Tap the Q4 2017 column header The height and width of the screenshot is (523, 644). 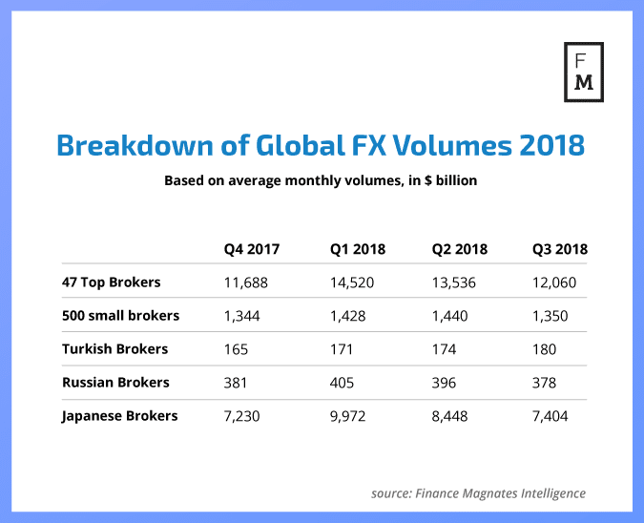tap(252, 250)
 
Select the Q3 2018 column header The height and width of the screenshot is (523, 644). tap(559, 250)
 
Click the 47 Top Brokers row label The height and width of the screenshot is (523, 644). tap(110, 282)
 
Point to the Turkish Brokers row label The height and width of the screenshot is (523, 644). tap(114, 349)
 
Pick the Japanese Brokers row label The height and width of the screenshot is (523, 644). tap(118, 416)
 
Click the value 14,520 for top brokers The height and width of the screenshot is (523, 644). tap(353, 282)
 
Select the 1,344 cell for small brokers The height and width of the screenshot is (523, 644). tap(243, 316)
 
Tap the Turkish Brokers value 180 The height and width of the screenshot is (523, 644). tap(544, 349)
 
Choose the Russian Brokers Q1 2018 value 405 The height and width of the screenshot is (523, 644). tap(343, 383)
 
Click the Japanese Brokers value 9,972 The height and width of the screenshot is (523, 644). tap(349, 416)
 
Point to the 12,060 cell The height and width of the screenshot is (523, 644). tap(554, 282)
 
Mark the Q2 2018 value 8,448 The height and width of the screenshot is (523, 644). tap(451, 416)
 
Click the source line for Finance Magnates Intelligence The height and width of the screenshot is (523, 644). tap(478, 493)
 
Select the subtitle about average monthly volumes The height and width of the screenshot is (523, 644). tap(321, 180)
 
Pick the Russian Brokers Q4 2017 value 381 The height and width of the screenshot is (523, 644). tap(236, 383)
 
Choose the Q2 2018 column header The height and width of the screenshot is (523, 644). tap(460, 250)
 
